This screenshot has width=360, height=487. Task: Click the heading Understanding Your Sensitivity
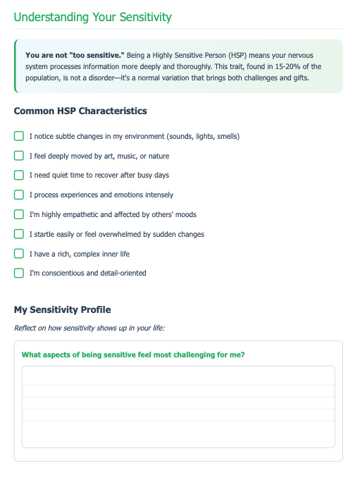(92, 17)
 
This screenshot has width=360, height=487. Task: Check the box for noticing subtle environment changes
(19, 136)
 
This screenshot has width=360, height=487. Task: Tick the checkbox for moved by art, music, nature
(19, 156)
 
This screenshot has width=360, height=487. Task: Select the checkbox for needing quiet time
(19, 175)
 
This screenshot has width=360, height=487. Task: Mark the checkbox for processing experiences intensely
(19, 195)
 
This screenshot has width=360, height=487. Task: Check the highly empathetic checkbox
(19, 214)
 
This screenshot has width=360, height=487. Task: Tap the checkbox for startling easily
(19, 234)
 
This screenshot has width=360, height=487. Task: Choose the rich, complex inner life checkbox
(19, 254)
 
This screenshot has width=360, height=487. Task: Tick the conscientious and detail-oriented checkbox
(19, 273)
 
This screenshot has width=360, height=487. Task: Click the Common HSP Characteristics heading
(80, 111)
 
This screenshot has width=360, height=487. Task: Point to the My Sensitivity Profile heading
(62, 309)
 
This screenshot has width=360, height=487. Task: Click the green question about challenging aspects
(133, 355)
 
